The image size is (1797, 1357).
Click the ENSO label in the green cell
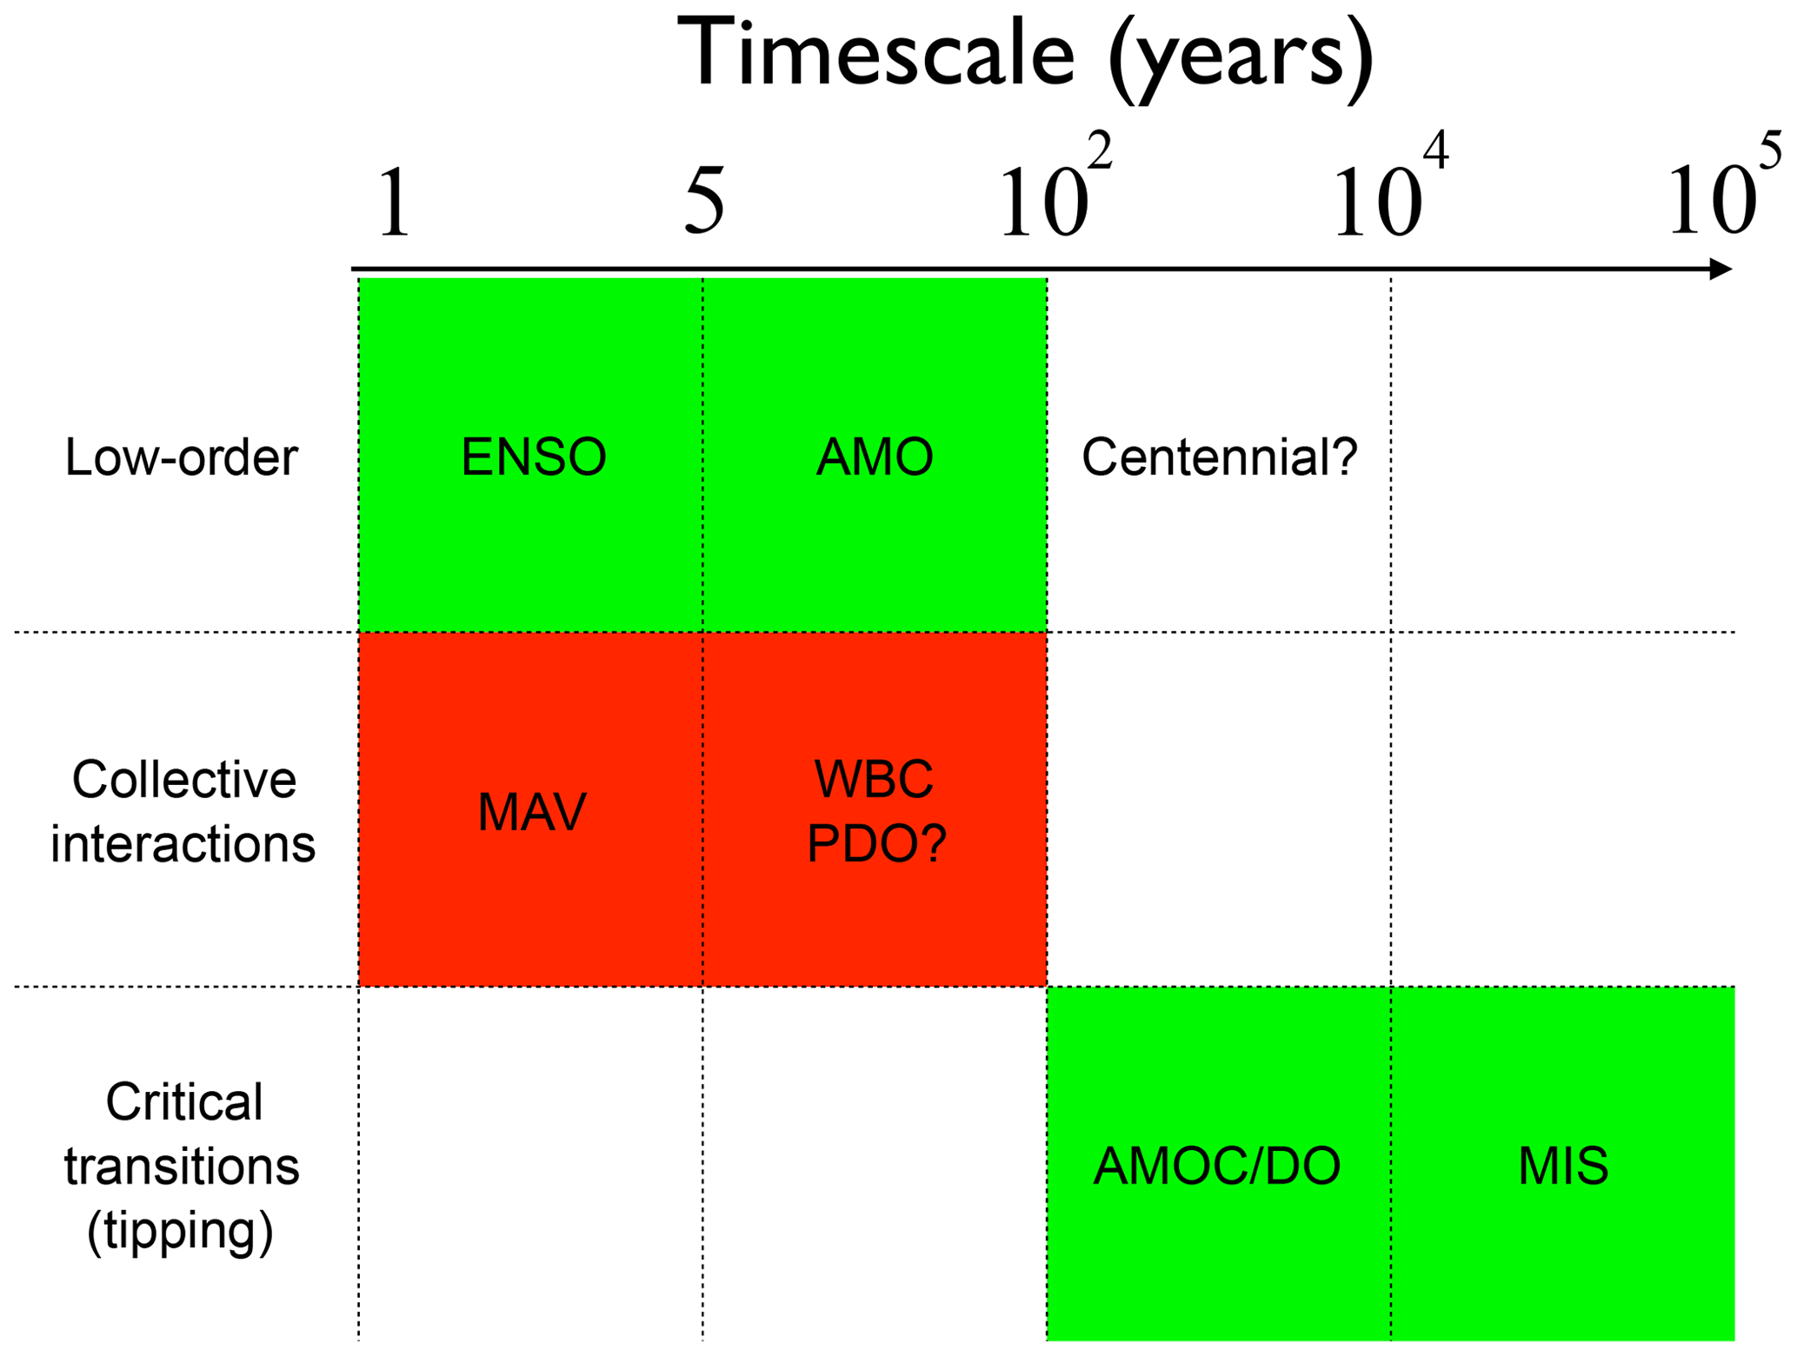point(533,457)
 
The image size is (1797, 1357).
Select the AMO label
point(875,457)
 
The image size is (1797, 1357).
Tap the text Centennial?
point(1219,457)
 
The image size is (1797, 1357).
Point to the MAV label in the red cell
point(532,813)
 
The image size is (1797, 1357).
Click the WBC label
point(874,780)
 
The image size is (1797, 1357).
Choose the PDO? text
point(876,843)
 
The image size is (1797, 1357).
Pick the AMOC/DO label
point(1216,1167)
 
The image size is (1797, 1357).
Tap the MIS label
point(1562,1167)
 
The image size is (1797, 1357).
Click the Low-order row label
point(182,457)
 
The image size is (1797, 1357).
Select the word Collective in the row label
point(184,780)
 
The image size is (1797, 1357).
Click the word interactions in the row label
point(183,843)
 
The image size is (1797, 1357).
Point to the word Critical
point(184,1102)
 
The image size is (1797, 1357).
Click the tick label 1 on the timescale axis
point(394,203)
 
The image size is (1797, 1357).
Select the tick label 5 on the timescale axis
point(704,201)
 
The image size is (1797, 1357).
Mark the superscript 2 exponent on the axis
point(1100,152)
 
